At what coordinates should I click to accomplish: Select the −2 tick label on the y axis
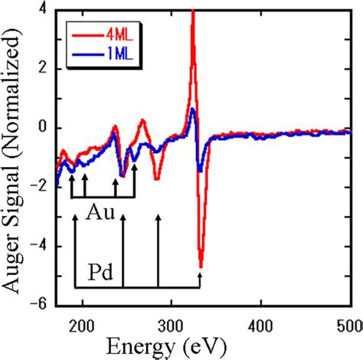[x=40, y=186]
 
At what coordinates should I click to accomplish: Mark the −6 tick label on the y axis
[x=40, y=303]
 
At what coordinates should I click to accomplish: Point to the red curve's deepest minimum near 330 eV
[x=201, y=266]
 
